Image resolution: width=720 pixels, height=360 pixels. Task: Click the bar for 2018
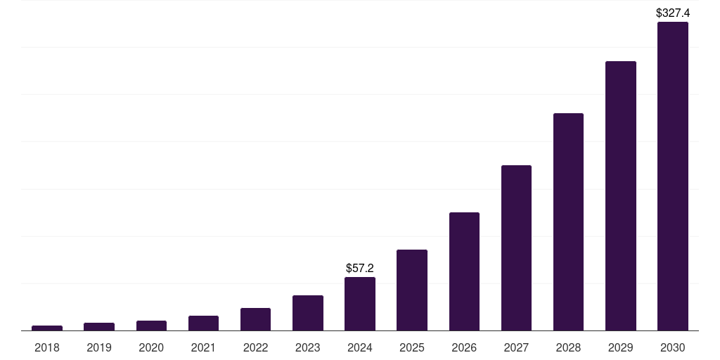[x=47, y=328]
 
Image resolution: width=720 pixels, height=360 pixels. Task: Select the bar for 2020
[x=151, y=326]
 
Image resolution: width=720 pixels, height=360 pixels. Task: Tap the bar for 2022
[x=255, y=319]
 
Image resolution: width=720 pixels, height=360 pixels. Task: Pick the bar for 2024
[x=360, y=304]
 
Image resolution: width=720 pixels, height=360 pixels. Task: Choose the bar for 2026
[x=464, y=271]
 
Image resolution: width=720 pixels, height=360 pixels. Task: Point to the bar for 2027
[x=516, y=247]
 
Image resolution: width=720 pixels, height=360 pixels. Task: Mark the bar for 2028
[x=568, y=221]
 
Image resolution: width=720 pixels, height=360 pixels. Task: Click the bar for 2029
[x=620, y=195]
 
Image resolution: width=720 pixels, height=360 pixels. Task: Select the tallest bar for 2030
[x=672, y=176]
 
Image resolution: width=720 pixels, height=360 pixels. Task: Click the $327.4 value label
[x=672, y=13]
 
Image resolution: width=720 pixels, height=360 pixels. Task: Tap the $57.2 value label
[x=360, y=268]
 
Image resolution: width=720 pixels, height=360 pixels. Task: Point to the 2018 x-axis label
[x=47, y=347]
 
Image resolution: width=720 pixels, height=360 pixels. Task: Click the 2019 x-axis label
[x=99, y=347]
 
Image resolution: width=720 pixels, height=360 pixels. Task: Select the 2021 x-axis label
[x=203, y=347]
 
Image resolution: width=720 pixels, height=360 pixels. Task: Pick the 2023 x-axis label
[x=308, y=347]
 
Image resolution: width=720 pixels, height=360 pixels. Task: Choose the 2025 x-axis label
[x=412, y=347]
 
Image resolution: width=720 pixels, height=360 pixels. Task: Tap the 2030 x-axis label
[x=672, y=347]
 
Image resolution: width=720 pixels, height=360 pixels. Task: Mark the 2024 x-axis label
[x=360, y=347]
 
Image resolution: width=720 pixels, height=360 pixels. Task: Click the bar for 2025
[x=412, y=290]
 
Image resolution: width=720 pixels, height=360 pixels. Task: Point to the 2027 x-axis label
[x=516, y=347]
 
